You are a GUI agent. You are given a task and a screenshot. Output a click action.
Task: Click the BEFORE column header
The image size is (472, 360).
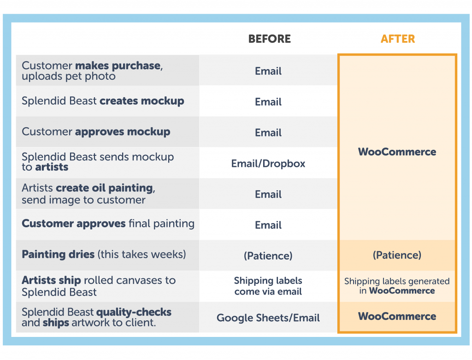click(x=269, y=39)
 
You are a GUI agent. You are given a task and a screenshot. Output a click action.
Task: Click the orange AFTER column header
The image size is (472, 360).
click(x=397, y=39)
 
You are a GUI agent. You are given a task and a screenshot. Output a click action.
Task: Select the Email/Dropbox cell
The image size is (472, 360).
click(x=268, y=164)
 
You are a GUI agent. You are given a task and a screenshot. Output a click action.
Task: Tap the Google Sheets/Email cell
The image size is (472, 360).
click(x=268, y=318)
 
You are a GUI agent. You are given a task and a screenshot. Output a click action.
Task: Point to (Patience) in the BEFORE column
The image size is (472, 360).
click(x=268, y=255)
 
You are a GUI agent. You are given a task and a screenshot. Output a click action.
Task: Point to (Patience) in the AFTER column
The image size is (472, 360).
click(x=397, y=255)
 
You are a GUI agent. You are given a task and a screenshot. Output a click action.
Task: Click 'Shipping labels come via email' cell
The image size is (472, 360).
click(x=268, y=286)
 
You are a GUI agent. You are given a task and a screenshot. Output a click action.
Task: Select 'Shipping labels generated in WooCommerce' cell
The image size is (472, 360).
click(x=397, y=286)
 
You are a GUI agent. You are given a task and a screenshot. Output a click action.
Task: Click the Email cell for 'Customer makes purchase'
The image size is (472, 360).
click(x=268, y=71)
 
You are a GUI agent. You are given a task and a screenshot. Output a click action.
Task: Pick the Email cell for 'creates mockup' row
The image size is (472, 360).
click(x=268, y=102)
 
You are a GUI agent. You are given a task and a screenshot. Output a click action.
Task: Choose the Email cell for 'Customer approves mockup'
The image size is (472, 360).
click(x=268, y=133)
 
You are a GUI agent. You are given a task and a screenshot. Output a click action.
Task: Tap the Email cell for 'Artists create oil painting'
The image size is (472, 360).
click(x=268, y=194)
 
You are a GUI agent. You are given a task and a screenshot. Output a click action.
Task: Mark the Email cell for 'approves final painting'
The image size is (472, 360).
click(x=268, y=225)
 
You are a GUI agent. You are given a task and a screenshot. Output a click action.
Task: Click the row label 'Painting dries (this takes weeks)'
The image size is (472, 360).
click(x=104, y=254)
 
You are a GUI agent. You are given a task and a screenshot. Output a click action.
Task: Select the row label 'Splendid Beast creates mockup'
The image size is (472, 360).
click(x=103, y=101)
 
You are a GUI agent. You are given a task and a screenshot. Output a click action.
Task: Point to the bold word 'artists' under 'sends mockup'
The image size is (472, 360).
click(x=52, y=167)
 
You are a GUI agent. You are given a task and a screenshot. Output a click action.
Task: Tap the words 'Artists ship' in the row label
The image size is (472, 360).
click(x=52, y=280)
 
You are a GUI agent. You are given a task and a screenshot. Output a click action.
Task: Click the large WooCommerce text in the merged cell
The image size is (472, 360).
click(x=397, y=152)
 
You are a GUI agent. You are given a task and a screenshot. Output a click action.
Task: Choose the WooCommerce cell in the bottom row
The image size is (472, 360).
click(x=397, y=316)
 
